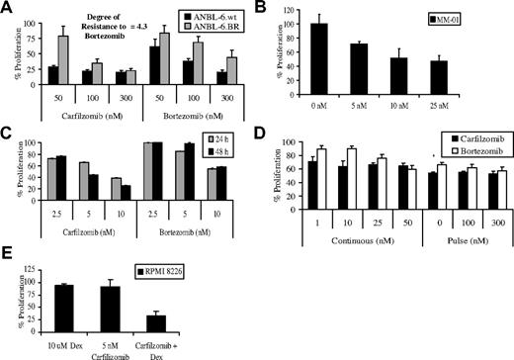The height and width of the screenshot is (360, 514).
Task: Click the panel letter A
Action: (x=7, y=8)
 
